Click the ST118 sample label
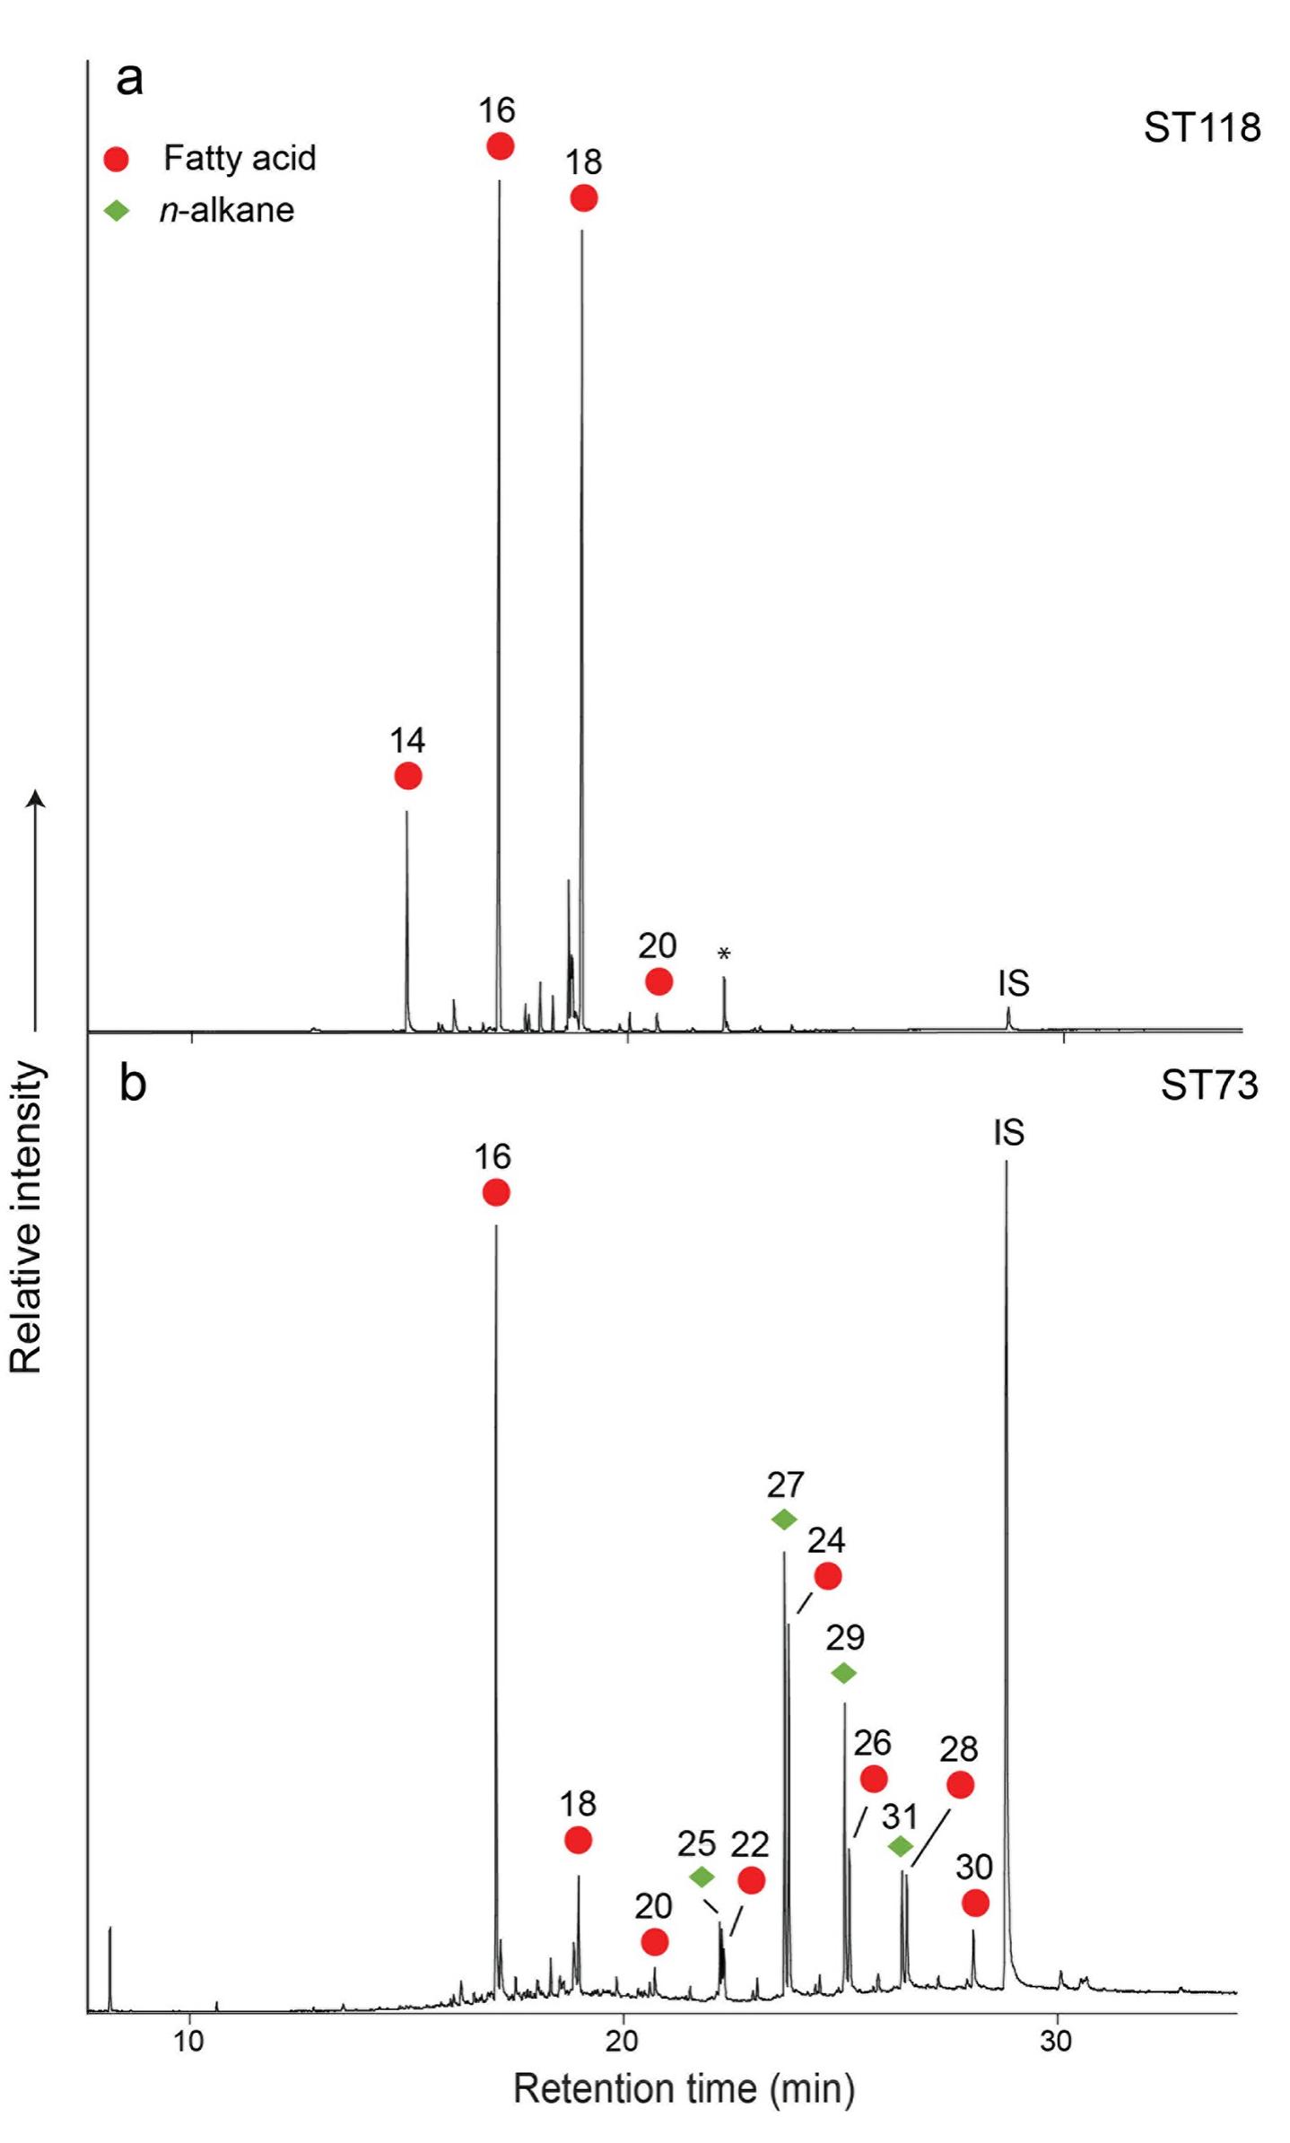coord(1201,128)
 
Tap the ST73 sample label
coord(1208,1085)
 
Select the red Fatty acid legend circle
coord(117,159)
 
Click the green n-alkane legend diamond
coord(117,211)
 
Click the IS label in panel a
coord(1013,983)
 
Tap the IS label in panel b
coord(1008,1133)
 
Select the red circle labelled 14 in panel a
coord(408,776)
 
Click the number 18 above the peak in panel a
coord(583,162)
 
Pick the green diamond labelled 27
coord(784,1520)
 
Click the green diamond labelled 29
coord(843,1673)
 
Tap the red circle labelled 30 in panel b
coord(975,1903)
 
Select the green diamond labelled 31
coord(901,1846)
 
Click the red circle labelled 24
coord(827,1576)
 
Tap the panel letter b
coord(133,1084)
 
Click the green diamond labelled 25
coord(702,1877)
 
